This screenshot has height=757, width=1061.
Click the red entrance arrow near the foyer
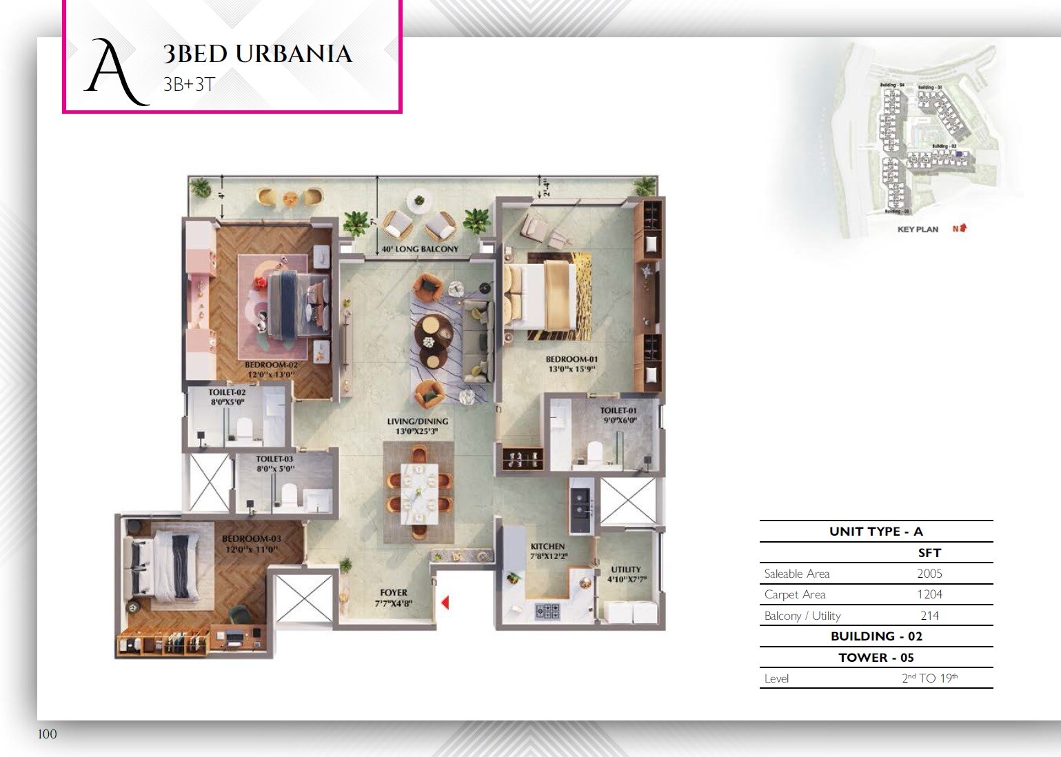[445, 603]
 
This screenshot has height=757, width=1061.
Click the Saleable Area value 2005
[929, 574]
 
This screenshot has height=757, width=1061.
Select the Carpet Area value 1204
[929, 594]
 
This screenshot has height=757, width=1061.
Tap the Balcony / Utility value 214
[929, 616]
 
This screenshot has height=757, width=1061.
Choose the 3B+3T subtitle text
[190, 85]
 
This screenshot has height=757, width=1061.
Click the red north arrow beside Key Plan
[962, 228]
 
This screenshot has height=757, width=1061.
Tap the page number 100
[48, 734]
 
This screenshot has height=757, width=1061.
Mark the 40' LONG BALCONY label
[420, 249]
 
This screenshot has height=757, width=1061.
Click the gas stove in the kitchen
[548, 610]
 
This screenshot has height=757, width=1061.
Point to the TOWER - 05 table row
[876, 657]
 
